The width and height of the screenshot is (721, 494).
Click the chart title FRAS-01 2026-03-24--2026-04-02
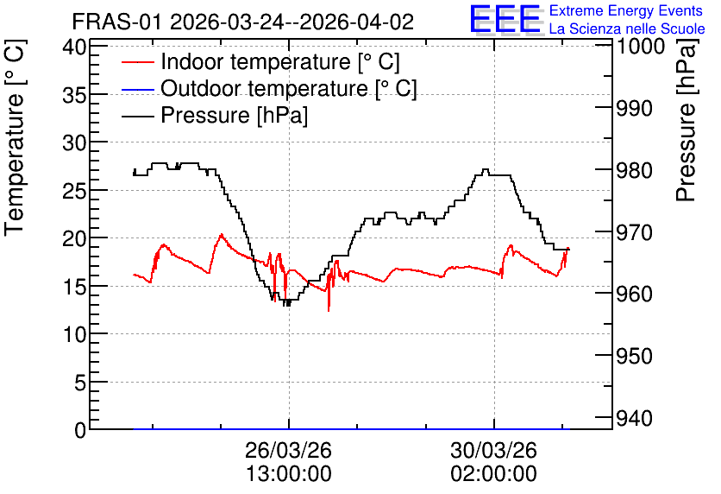(x=243, y=22)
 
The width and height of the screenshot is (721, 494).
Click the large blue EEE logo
(x=505, y=19)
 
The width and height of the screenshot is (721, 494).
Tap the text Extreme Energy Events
(x=626, y=10)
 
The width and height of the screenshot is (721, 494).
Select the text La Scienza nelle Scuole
(x=627, y=28)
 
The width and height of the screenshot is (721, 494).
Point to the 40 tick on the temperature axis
(x=74, y=47)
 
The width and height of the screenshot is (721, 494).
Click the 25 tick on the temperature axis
(x=74, y=190)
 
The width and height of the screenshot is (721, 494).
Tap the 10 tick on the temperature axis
(x=74, y=334)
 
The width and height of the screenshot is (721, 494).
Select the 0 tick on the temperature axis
(x=80, y=430)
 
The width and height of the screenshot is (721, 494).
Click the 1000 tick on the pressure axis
(x=640, y=46)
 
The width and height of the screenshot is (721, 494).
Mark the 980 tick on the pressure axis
(x=634, y=171)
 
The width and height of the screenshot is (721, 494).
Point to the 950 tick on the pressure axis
(x=634, y=356)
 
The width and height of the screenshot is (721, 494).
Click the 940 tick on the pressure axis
(x=634, y=419)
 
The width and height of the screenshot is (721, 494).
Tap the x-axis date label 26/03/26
(x=288, y=450)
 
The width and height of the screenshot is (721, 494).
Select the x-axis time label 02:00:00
(x=493, y=474)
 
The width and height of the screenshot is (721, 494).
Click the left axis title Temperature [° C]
(x=15, y=138)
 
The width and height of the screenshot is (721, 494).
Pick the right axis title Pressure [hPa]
(x=687, y=120)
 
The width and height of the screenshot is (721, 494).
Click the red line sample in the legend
(x=137, y=62)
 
